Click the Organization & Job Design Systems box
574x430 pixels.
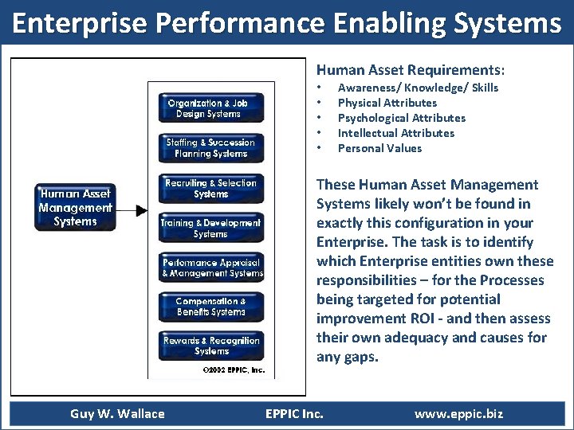[208, 108]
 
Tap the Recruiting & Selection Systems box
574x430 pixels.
[211, 188]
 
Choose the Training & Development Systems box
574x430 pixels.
[210, 229]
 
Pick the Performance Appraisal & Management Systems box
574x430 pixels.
[212, 268]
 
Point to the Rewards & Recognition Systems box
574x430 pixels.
[211, 346]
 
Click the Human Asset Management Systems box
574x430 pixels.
[75, 208]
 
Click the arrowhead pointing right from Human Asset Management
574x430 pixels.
[142, 211]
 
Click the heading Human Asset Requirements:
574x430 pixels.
[411, 70]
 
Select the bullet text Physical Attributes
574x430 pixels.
[387, 103]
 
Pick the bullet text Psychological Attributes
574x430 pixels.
[401, 118]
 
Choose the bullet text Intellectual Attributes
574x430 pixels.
[395, 133]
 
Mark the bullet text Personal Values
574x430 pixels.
[379, 148]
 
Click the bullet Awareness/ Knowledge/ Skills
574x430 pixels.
[418, 88]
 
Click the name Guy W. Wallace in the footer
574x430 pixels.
[117, 413]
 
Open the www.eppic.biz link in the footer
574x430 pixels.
[458, 413]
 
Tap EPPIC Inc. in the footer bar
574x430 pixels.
[294, 413]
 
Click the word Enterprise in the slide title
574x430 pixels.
[79, 24]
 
